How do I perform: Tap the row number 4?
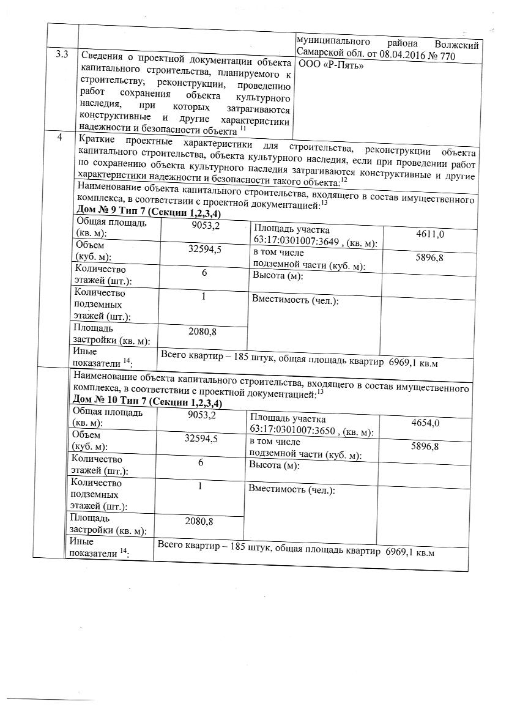tap(59, 137)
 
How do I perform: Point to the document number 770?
tap(471, 54)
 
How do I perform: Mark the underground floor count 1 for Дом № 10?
tap(200, 486)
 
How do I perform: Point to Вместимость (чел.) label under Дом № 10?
tap(291, 490)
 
